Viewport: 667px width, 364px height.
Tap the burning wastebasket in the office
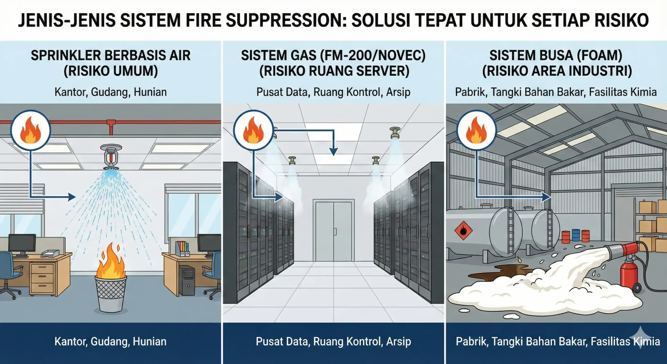click(111, 292)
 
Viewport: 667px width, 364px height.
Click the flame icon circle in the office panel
click(30, 130)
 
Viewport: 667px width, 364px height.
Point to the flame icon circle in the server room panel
click(253, 130)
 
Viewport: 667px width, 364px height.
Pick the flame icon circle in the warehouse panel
click(477, 130)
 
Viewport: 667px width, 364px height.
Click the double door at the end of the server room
click(333, 231)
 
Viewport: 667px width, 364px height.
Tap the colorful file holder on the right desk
click(182, 249)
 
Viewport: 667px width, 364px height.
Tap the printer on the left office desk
click(51, 253)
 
